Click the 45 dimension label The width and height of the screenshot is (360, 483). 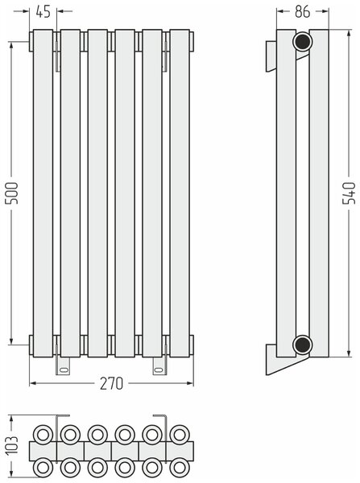click(43, 12)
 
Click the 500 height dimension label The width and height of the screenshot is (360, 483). click(13, 193)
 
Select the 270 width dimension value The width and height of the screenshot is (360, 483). click(112, 383)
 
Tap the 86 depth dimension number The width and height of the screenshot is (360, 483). click(302, 12)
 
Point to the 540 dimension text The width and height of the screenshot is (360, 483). click(350, 193)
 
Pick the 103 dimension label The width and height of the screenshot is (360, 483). click(13, 445)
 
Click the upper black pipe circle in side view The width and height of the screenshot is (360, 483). click(302, 42)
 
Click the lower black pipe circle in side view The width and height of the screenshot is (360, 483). click(302, 345)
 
